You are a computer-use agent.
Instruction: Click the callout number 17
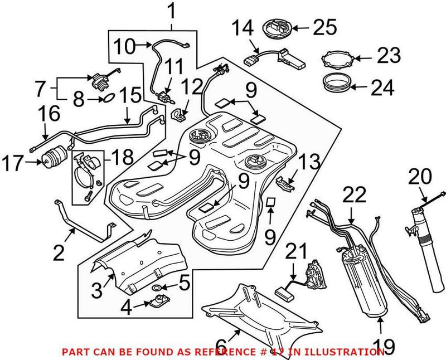[13, 164]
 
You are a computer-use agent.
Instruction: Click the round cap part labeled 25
[277, 27]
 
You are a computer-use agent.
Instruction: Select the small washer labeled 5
[158, 288]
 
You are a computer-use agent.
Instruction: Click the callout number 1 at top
[172, 10]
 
